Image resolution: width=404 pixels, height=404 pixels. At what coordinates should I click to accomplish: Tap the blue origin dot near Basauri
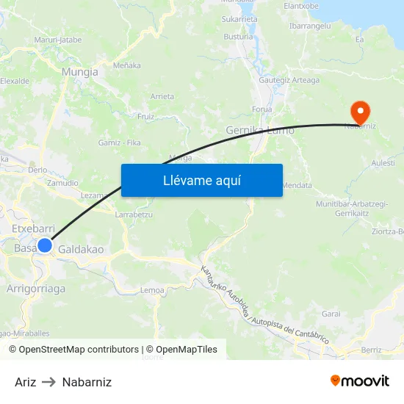[x=45, y=245]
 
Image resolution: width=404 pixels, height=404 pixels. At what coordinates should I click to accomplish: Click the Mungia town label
[x=80, y=72]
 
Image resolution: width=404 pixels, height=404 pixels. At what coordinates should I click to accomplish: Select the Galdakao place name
[x=81, y=250]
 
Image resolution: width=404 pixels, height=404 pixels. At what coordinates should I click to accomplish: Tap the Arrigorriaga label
[x=36, y=289]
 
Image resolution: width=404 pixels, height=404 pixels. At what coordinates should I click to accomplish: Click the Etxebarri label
[x=35, y=229]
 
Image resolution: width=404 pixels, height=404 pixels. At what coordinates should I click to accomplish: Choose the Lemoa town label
[x=152, y=290]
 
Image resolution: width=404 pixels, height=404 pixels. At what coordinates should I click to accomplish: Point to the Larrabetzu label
[x=134, y=215]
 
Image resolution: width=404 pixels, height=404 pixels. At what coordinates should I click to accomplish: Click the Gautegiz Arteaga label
[x=289, y=80]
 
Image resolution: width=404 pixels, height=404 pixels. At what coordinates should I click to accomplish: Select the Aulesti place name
[x=383, y=162]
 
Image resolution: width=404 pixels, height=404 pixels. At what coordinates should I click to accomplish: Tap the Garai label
[x=331, y=314]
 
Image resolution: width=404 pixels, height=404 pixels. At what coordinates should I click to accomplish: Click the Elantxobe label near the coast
[x=301, y=6]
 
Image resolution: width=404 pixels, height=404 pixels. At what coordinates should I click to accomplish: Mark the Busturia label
[x=239, y=36]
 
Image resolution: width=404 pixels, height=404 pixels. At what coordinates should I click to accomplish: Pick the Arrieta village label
[x=162, y=96]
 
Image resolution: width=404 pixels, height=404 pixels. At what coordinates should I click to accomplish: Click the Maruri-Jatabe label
[x=57, y=40]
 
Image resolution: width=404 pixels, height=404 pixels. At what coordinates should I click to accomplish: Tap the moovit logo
[x=360, y=381]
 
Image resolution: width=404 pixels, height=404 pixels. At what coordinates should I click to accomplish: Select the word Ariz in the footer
[x=25, y=382]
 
